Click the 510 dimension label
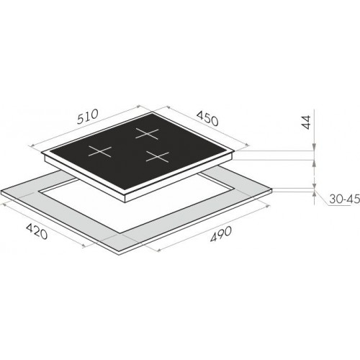click(x=88, y=117)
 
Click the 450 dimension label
click(x=207, y=119)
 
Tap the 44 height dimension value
click(x=305, y=122)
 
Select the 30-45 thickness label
click(x=344, y=199)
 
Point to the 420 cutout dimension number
click(x=37, y=231)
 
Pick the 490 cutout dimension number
click(x=221, y=234)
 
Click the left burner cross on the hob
click(x=100, y=151)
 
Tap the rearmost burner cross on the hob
click(x=147, y=133)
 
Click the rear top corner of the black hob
click(x=152, y=112)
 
